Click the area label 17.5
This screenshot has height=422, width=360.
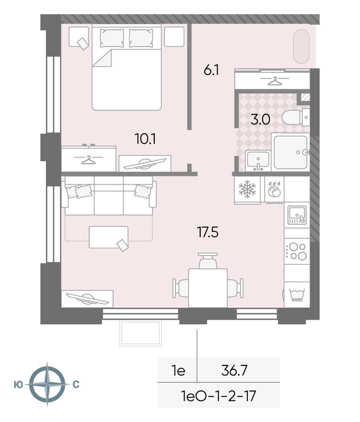208,233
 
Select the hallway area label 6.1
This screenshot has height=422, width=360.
211,70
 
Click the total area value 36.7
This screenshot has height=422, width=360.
234,370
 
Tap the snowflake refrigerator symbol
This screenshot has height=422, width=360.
247,190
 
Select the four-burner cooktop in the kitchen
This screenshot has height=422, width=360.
296,252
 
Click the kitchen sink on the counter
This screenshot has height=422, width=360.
296,215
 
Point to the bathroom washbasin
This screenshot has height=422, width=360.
258,161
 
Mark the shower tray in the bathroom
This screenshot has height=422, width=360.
290,152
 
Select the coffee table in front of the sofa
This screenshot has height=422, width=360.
109,237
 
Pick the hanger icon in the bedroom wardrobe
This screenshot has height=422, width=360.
88,159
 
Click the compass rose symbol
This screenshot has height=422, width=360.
46,384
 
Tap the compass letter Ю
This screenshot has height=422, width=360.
19,384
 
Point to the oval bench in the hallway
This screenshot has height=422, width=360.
302,46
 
